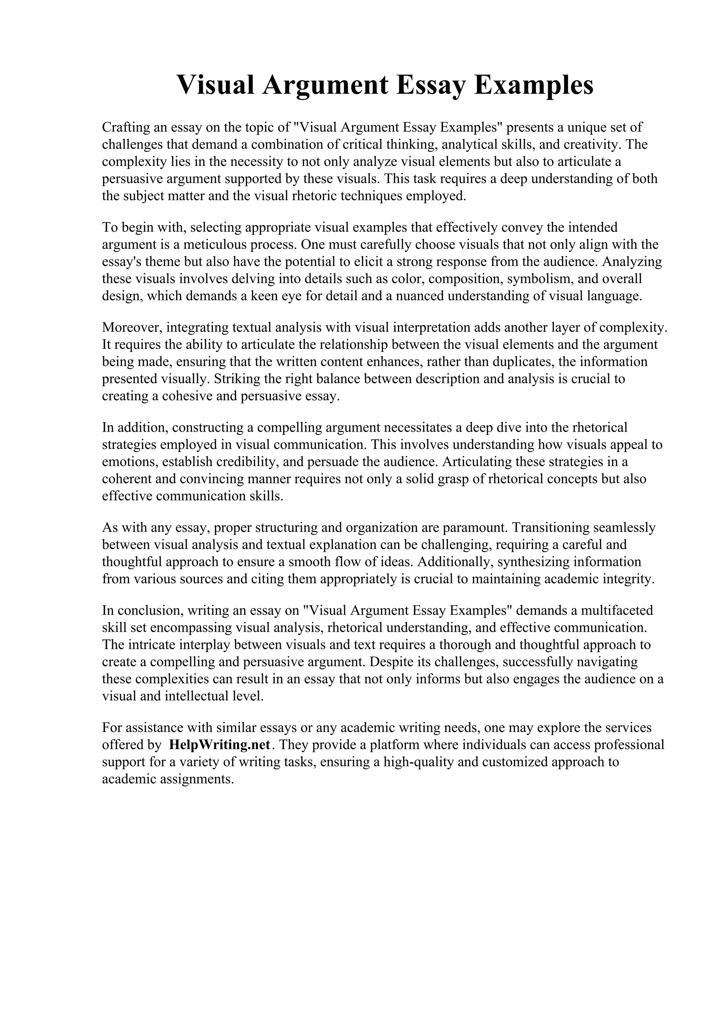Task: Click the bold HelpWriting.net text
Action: (x=219, y=745)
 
